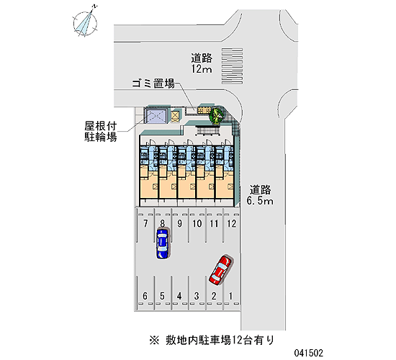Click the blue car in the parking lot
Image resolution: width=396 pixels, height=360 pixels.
point(162,243)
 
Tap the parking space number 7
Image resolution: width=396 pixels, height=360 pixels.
point(145,224)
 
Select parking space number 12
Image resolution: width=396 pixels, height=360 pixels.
point(232,224)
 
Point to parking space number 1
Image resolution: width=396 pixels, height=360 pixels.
point(230,296)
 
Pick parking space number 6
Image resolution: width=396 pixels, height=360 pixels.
point(145,296)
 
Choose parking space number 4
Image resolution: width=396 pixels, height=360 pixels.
point(179,296)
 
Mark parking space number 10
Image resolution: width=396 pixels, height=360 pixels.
point(197,224)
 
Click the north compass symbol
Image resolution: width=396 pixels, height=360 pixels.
point(86,23)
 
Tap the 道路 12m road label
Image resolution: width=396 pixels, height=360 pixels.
point(202,63)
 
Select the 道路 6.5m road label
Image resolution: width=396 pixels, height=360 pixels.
point(260,195)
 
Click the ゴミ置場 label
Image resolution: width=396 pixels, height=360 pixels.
point(153,83)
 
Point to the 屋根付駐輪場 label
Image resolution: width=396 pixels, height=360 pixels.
point(101,131)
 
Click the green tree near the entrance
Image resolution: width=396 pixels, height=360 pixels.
point(216,115)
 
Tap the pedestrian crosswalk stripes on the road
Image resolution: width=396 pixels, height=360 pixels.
point(232,66)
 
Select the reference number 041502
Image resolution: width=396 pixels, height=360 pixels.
point(308,353)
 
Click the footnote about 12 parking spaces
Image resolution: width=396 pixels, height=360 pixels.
point(212,341)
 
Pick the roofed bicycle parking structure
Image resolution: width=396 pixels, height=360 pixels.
point(156,115)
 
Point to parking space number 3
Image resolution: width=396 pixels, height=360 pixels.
point(197,296)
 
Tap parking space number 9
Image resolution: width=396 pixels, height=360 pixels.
point(179,224)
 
